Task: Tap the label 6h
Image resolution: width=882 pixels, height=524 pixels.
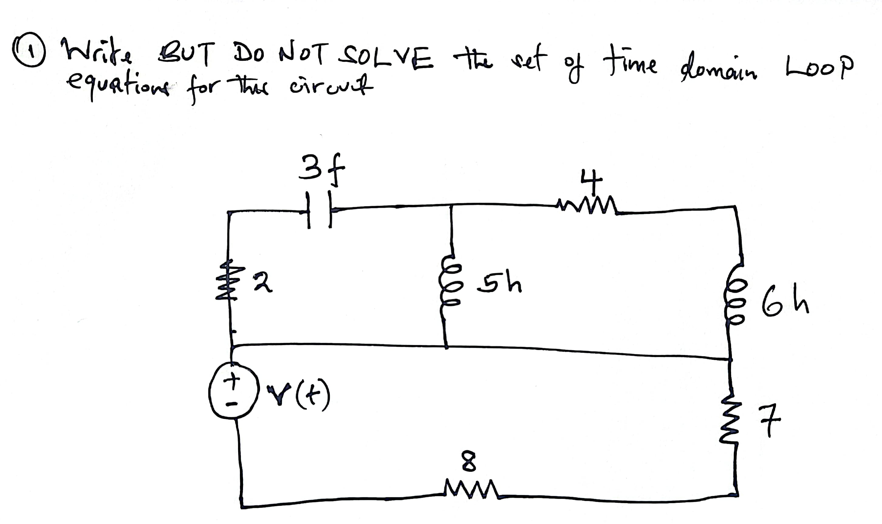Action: [x=785, y=304]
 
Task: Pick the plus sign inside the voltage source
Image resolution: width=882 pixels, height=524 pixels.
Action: [x=233, y=380]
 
